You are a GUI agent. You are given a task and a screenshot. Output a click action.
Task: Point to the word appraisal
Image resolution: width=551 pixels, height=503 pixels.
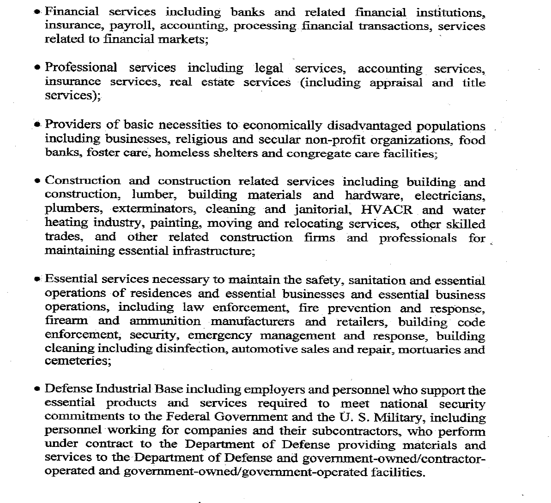396,83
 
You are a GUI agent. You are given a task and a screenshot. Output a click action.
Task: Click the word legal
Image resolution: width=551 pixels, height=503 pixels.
268,68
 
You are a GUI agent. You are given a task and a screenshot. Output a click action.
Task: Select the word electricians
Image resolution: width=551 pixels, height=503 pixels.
450,196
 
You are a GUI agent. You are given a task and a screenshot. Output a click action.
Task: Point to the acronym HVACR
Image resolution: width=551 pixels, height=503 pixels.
386,210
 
